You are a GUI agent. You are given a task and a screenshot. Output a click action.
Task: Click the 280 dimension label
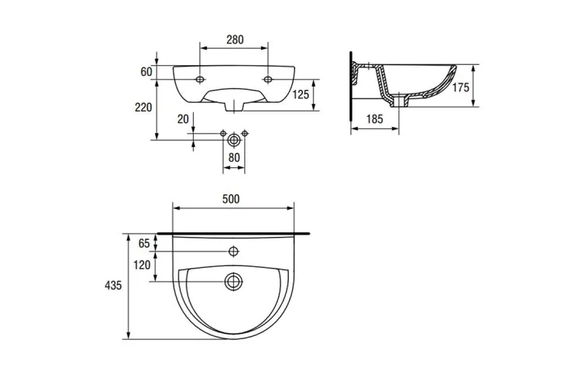(x=235, y=39)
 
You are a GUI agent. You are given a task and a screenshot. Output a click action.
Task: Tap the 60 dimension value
(x=146, y=72)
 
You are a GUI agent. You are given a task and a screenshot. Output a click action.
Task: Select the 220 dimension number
(x=143, y=108)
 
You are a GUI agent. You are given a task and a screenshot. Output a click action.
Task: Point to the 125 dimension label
(x=301, y=94)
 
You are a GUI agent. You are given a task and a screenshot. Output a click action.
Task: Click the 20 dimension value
(x=183, y=119)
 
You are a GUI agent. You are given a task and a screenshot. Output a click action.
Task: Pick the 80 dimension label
(x=234, y=158)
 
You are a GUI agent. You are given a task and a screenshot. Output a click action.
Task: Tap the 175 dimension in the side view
(x=461, y=87)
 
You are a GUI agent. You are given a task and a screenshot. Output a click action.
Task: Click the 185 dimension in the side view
(x=374, y=119)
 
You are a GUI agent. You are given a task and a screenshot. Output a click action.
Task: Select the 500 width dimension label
(x=231, y=199)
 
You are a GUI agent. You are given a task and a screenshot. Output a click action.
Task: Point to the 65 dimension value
(x=144, y=244)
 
